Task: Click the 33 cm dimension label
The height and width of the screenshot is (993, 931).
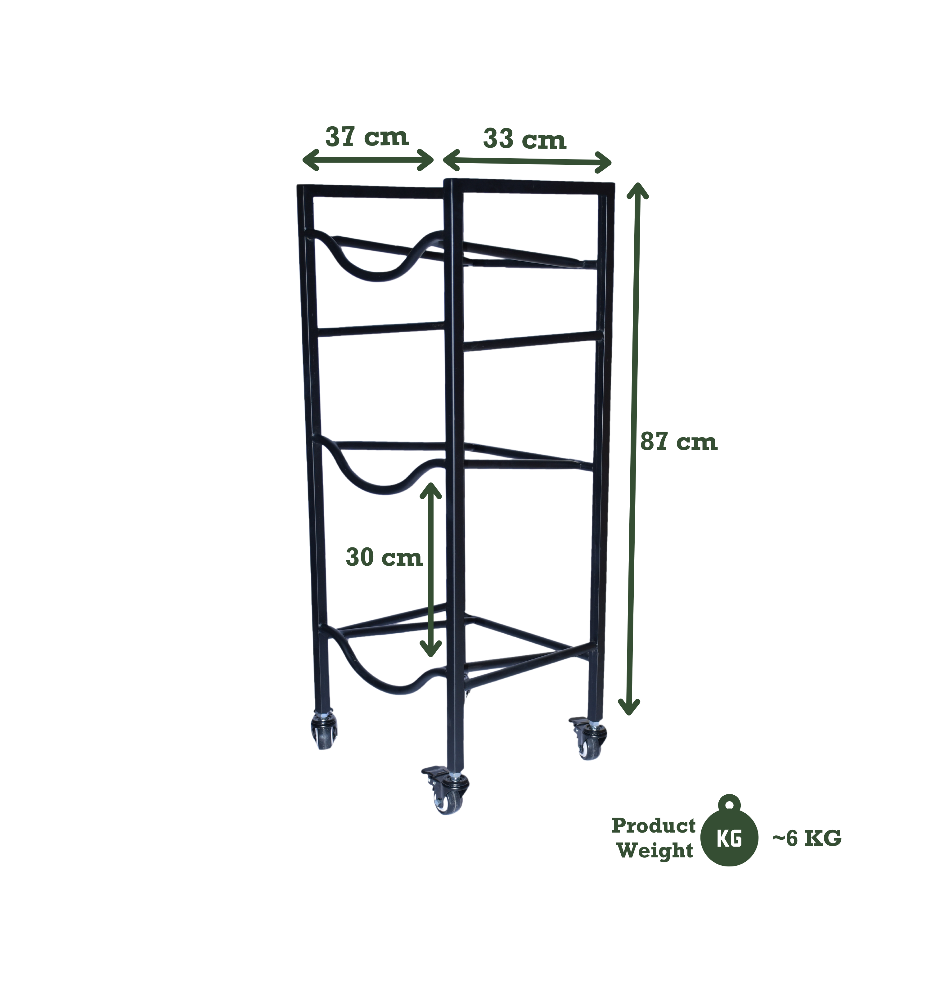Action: (x=524, y=140)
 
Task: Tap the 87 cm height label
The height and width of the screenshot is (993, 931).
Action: (x=679, y=443)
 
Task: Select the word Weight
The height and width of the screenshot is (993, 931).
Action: (x=655, y=851)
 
